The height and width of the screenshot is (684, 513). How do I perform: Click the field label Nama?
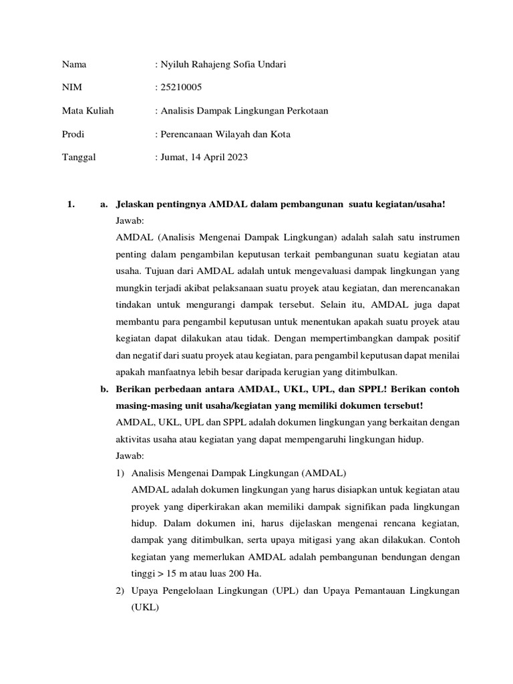click(x=74, y=64)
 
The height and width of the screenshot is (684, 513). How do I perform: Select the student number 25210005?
click(x=180, y=88)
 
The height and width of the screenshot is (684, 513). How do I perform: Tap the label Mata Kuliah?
click(x=88, y=110)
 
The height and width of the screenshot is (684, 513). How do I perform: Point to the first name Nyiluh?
click(x=174, y=64)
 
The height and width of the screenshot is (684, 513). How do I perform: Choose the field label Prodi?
click(x=73, y=134)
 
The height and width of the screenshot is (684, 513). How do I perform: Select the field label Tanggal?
click(x=79, y=157)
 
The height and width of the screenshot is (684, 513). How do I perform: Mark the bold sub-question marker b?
click(x=104, y=389)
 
